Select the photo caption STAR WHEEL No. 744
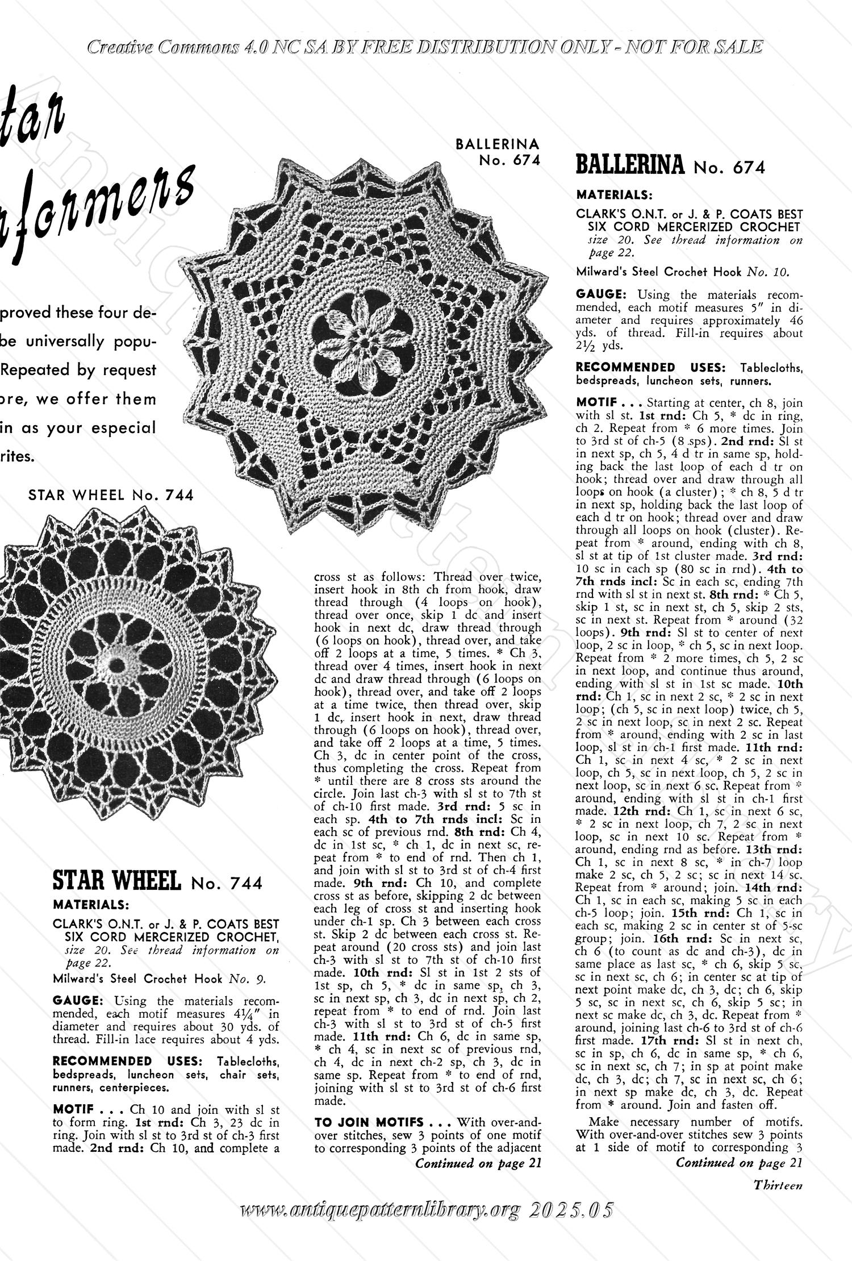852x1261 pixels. click(x=111, y=495)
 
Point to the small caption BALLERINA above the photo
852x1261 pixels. click(x=498, y=144)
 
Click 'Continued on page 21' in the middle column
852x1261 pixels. click(x=478, y=1163)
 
